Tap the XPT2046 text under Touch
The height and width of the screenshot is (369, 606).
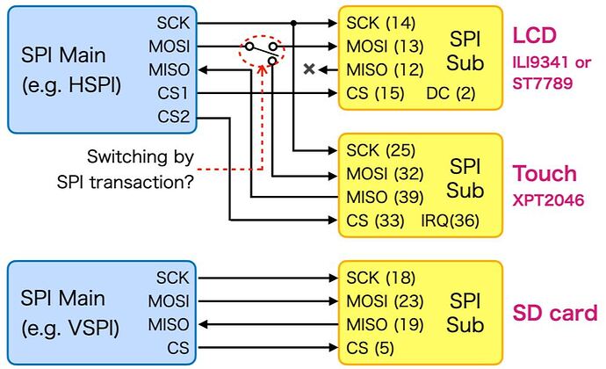[x=549, y=200]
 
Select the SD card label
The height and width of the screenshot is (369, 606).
[x=555, y=313]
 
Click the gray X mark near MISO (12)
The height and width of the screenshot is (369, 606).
[x=309, y=69]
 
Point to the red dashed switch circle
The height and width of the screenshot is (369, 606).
[x=263, y=53]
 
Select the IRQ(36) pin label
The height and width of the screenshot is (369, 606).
[x=450, y=220]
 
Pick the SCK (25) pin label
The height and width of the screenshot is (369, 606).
[x=380, y=150]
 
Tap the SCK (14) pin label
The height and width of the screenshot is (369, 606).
[x=380, y=23]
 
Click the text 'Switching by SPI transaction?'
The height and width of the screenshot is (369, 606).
[x=141, y=170]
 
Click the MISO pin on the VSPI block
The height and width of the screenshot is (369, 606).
[x=168, y=325]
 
